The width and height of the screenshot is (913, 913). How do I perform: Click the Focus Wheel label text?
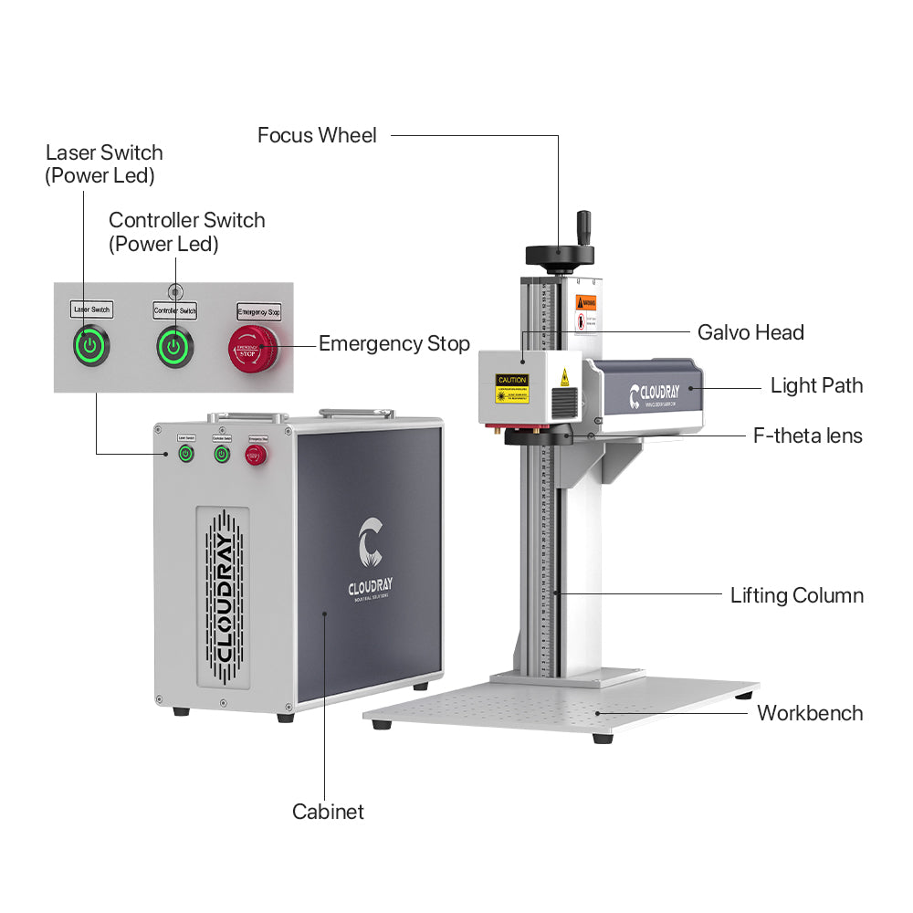(x=317, y=136)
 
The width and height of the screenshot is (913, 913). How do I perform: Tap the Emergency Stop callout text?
(x=394, y=344)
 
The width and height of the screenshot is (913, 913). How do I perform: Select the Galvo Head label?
(x=750, y=332)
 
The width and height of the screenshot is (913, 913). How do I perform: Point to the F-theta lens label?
(x=807, y=436)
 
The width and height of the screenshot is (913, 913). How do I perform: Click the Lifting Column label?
(x=796, y=596)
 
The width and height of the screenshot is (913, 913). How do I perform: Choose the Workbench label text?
(x=809, y=713)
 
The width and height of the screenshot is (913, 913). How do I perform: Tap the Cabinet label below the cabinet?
(x=328, y=812)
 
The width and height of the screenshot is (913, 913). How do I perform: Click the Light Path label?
(x=816, y=385)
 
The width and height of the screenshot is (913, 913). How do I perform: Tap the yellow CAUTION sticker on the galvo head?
(x=511, y=388)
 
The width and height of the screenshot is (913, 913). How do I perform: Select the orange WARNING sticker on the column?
(x=585, y=302)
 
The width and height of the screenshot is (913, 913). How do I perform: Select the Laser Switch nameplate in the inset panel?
(x=91, y=310)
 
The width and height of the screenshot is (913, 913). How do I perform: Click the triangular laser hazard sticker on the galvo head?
(x=564, y=375)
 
